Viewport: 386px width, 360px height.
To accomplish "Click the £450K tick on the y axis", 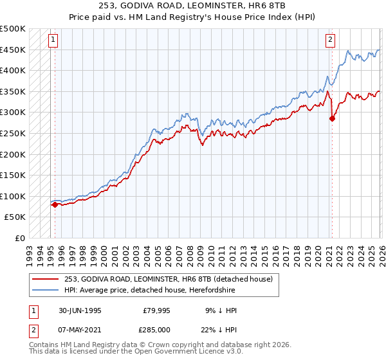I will (x=13, y=50).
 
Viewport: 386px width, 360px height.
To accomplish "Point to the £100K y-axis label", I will (x=13, y=196).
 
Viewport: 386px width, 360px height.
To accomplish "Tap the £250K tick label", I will (x=13, y=133).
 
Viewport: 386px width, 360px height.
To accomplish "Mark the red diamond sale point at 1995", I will (x=55, y=204).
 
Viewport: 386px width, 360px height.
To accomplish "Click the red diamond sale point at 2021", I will (x=332, y=118).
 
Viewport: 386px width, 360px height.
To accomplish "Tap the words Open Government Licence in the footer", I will (x=173, y=354).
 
